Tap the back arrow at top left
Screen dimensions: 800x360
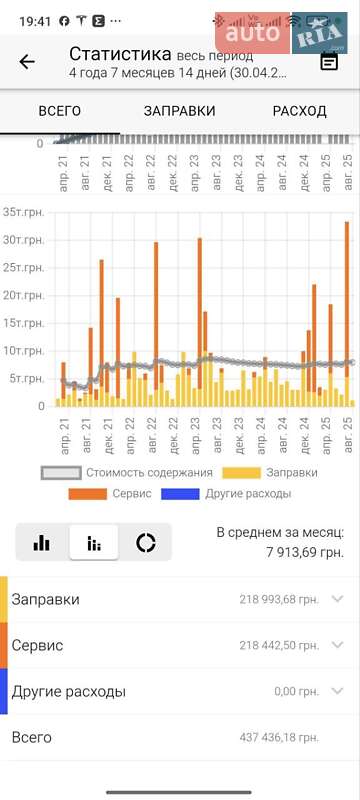pyautogui.click(x=27, y=62)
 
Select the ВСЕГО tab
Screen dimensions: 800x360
pyautogui.click(x=59, y=111)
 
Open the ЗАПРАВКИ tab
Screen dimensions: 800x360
pyautogui.click(x=180, y=111)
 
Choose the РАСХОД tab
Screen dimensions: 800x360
pyautogui.click(x=299, y=111)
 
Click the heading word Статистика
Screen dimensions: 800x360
pyautogui.click(x=120, y=54)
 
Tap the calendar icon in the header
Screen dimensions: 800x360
pyautogui.click(x=329, y=62)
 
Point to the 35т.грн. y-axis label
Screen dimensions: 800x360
pyautogui.click(x=24, y=212)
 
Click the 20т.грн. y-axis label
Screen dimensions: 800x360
pyautogui.click(x=24, y=295)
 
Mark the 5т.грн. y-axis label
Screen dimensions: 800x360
pyautogui.click(x=27, y=378)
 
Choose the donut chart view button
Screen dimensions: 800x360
pyautogui.click(x=146, y=542)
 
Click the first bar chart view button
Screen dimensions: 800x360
pyautogui.click(x=42, y=542)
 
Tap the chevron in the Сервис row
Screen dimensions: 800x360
pyautogui.click(x=337, y=645)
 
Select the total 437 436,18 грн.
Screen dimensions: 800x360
pyautogui.click(x=279, y=737)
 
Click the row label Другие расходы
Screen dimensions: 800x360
pyautogui.click(x=68, y=691)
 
